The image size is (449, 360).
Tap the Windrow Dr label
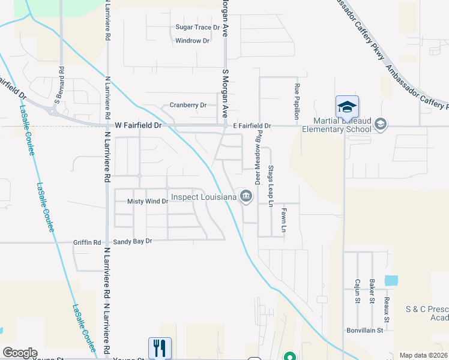[x=192, y=41]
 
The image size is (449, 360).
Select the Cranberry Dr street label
[x=188, y=105]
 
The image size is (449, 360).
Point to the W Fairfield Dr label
[x=138, y=126]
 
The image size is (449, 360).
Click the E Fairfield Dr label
[x=252, y=126]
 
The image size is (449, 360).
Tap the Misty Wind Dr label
[x=148, y=202]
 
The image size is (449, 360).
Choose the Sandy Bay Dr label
[x=133, y=241]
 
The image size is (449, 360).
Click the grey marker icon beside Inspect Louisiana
[x=246, y=196]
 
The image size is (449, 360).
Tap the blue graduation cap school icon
[x=347, y=107]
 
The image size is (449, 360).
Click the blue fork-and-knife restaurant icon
[x=160, y=348]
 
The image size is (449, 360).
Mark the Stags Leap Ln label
[x=271, y=186]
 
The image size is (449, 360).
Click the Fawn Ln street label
[x=283, y=221]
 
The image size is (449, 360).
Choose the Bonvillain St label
[x=365, y=330]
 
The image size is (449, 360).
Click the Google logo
[x=20, y=353]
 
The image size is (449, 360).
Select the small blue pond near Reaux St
[x=391, y=280]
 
